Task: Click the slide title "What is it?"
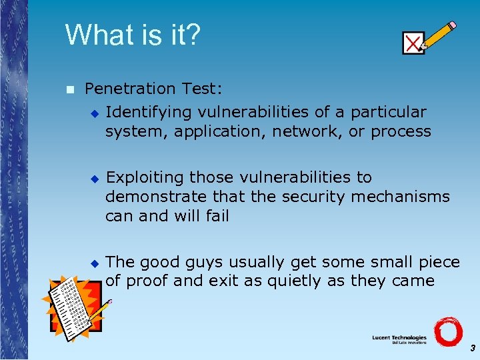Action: (132, 35)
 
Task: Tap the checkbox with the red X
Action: (413, 43)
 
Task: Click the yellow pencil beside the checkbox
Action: (440, 36)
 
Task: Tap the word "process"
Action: (401, 132)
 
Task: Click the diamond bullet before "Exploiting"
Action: (94, 179)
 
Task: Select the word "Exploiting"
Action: (145, 177)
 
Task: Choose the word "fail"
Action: (217, 216)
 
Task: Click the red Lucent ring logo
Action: (447, 331)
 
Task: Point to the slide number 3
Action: (472, 348)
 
